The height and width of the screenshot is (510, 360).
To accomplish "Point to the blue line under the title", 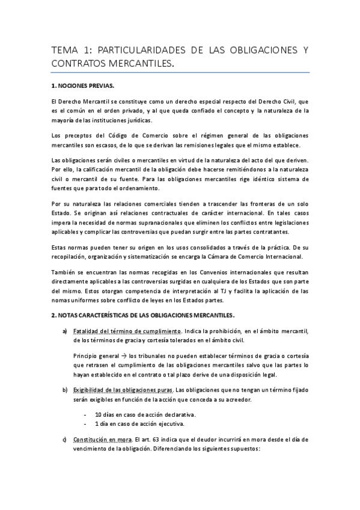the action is (x=180, y=73).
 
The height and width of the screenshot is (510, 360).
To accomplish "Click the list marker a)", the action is (x=64, y=331).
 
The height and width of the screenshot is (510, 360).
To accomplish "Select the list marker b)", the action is (x=64, y=392).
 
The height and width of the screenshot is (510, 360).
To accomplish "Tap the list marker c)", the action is (x=64, y=440).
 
